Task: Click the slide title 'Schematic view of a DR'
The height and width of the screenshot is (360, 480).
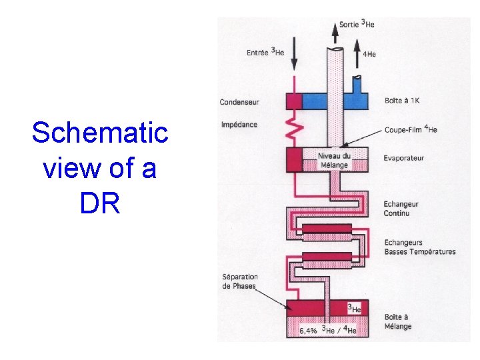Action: [100, 168]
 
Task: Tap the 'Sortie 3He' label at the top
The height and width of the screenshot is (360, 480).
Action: [357, 24]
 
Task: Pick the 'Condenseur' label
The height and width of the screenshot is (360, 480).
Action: [239, 102]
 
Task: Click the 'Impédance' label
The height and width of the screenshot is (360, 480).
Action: [239, 125]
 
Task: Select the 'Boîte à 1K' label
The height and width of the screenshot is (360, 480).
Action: [402, 101]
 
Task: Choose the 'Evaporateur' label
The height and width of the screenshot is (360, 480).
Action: [404, 158]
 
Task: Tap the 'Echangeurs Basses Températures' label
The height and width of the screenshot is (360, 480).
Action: [420, 247]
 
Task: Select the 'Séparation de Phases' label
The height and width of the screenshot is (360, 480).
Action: [241, 281]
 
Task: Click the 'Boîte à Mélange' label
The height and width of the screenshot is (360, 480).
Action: [398, 321]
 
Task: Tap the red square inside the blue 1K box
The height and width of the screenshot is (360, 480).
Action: [294, 101]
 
